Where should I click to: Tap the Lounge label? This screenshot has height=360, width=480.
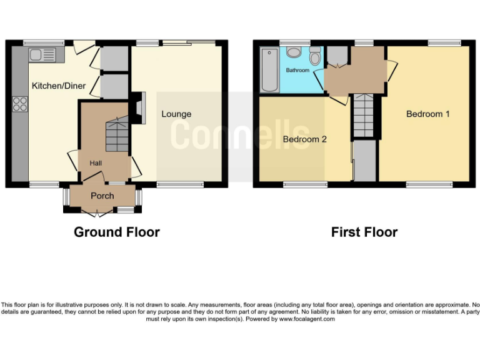click(x=176, y=114)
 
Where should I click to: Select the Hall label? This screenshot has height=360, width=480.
click(x=96, y=163)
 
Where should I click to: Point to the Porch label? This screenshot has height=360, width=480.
click(x=102, y=196)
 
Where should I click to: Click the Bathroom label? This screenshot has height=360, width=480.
click(x=297, y=71)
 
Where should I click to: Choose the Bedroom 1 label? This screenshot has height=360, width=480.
click(x=428, y=114)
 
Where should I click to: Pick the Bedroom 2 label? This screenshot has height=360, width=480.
click(x=305, y=139)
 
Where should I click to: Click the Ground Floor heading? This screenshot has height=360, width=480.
click(x=117, y=232)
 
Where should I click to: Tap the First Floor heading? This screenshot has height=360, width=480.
click(x=364, y=232)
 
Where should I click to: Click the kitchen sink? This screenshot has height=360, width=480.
click(x=41, y=55)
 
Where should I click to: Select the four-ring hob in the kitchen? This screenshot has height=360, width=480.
click(x=20, y=103)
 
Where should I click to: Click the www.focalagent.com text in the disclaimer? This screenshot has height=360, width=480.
click(x=307, y=319)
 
